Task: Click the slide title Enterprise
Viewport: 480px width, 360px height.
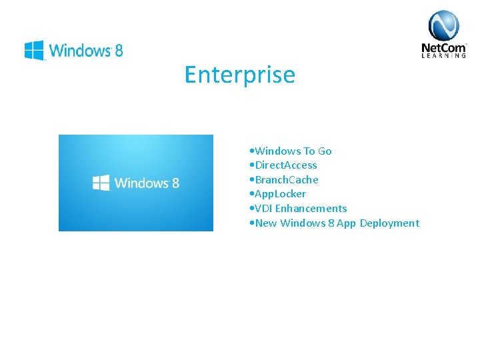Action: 239,75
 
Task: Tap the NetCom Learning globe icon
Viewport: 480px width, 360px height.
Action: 443,26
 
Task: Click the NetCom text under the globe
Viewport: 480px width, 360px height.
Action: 443,47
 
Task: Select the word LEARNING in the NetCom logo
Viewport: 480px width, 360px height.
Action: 443,56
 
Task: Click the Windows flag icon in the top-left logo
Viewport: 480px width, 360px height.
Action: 34,50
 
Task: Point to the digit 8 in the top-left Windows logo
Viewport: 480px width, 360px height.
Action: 119,50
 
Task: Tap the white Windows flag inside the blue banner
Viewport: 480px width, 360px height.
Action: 101,183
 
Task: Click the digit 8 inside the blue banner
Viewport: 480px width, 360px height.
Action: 175,183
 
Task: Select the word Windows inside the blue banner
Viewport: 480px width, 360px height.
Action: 141,183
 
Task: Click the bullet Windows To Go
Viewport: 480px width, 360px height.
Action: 293,151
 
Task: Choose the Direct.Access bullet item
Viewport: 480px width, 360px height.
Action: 285,165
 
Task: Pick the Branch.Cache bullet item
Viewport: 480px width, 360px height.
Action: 286,180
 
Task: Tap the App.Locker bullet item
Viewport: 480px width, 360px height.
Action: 280,194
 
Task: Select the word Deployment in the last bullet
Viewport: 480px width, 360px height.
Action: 389,223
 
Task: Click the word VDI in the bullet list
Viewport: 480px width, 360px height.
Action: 264,209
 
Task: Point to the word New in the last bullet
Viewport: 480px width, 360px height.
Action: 266,223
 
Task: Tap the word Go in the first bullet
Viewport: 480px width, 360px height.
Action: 325,151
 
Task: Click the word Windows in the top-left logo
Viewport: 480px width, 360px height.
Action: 79,50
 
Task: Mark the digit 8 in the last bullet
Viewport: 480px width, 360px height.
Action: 331,223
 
